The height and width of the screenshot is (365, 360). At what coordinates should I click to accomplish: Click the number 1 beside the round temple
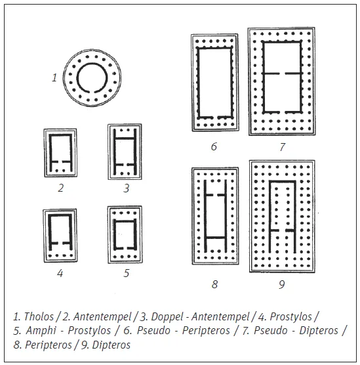click(54, 77)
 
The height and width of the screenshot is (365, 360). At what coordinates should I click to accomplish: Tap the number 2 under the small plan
click(61, 188)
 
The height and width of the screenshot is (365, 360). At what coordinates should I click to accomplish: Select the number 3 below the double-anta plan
click(127, 188)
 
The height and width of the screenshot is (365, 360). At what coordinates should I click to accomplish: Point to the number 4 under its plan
click(60, 273)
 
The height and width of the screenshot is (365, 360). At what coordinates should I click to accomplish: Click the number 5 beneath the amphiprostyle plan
click(127, 273)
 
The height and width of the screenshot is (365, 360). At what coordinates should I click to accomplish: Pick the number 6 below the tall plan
click(214, 146)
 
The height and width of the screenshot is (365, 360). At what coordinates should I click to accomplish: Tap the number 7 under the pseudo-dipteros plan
click(283, 146)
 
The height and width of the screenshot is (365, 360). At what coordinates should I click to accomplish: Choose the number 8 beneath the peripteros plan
click(214, 284)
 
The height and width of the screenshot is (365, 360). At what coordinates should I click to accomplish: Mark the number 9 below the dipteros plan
click(281, 284)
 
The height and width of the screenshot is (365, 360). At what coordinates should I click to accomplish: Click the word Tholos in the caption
click(39, 316)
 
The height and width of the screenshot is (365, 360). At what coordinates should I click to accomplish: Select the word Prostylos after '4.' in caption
click(290, 316)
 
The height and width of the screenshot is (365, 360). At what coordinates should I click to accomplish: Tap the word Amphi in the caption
click(41, 330)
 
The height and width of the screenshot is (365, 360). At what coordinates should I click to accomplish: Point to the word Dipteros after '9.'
click(111, 345)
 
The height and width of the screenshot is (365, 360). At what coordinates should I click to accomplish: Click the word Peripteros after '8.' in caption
click(49, 345)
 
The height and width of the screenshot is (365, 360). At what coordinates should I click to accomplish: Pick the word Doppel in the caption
click(167, 316)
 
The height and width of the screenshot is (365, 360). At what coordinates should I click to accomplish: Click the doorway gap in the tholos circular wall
click(91, 91)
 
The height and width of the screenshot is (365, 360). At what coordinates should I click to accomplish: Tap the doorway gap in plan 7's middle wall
click(282, 74)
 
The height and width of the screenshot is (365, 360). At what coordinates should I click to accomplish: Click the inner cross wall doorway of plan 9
click(282, 230)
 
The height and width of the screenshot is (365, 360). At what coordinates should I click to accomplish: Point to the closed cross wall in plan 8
click(216, 238)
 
